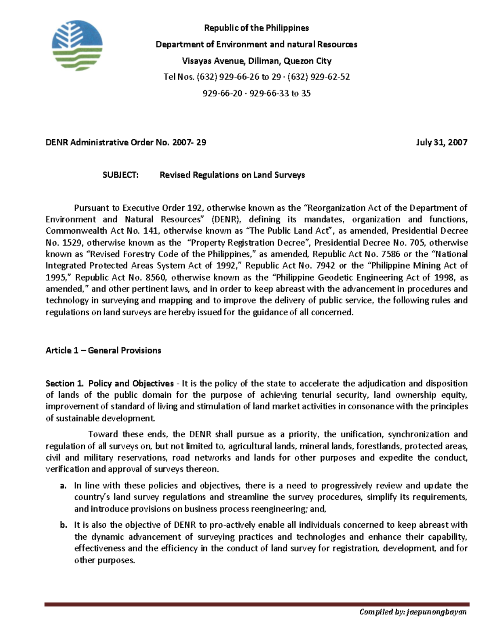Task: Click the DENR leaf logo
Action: pyautogui.click(x=77, y=46)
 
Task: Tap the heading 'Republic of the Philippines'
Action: pyautogui.click(x=256, y=28)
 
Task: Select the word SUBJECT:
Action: pyautogui.click(x=120, y=175)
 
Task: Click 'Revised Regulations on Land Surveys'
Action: pyautogui.click(x=232, y=175)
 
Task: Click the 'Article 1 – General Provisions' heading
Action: pyautogui.click(x=103, y=350)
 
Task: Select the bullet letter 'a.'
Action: pyautogui.click(x=63, y=486)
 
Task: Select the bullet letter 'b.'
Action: pyautogui.click(x=63, y=525)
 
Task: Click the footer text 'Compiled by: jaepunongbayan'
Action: pyautogui.click(x=413, y=612)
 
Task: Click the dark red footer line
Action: pyautogui.click(x=257, y=604)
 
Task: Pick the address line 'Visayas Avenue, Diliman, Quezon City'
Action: pyautogui.click(x=256, y=61)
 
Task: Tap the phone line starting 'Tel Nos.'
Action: pyautogui.click(x=256, y=77)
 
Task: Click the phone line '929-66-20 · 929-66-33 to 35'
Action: pyautogui.click(x=256, y=93)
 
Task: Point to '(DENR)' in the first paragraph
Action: pyautogui.click(x=226, y=220)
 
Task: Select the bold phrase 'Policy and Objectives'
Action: pyautogui.click(x=131, y=384)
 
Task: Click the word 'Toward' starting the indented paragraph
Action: pyautogui.click(x=103, y=434)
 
